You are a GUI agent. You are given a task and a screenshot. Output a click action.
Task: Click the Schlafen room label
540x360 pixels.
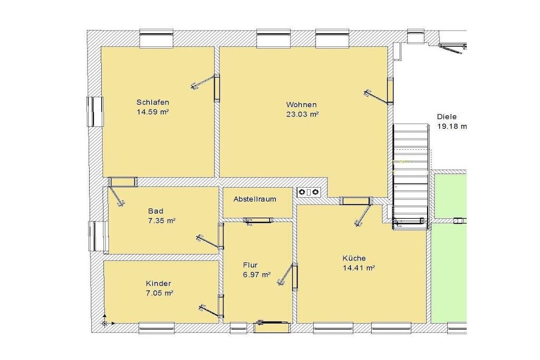[152, 102]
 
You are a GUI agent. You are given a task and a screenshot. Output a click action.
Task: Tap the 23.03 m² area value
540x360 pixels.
[302, 114]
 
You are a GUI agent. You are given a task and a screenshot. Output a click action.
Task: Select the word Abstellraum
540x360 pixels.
[255, 199]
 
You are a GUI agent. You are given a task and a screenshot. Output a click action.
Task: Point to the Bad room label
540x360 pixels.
[156, 211]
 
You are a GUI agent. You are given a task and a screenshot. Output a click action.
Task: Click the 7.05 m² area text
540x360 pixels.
[159, 293]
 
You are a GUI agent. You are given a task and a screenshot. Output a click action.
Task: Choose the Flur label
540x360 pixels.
[250, 265]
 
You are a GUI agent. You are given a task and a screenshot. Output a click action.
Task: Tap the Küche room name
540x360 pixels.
[354, 258]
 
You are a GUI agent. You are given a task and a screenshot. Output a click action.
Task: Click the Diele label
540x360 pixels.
[447, 116]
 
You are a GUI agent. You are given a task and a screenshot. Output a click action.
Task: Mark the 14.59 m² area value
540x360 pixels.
[153, 112]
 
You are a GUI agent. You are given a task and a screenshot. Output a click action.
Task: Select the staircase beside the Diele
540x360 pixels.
[411, 176]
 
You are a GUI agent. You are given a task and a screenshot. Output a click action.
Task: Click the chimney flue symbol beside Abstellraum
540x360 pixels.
[308, 192]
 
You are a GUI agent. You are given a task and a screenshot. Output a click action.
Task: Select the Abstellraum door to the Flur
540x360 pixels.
[258, 220]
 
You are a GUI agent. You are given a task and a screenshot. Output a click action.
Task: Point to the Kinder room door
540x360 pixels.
[211, 307]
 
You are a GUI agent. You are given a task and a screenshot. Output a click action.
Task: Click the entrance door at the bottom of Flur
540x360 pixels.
[272, 323]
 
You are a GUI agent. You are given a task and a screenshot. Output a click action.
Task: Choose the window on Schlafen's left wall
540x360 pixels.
[95, 112]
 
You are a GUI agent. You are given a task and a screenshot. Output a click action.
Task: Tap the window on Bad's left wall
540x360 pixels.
[98, 236]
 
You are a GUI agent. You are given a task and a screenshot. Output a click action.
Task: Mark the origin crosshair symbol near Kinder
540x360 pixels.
[104, 323]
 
